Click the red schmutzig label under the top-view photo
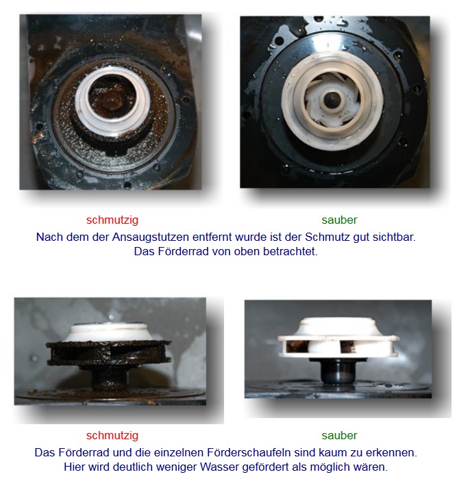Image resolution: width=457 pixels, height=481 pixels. pos(112,220)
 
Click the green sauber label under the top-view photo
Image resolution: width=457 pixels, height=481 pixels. pos(339,220)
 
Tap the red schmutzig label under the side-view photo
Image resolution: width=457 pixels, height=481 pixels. pos(112,435)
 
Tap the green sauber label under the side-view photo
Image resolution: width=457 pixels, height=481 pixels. pos(339,435)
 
